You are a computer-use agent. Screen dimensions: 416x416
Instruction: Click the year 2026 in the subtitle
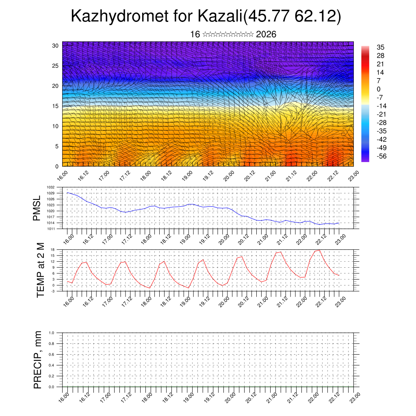(x=266, y=34)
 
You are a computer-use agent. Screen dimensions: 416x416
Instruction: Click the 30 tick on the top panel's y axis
(x=55, y=45)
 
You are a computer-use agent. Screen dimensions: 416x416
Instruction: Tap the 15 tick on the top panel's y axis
(x=55, y=106)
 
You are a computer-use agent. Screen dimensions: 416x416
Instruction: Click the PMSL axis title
(x=37, y=208)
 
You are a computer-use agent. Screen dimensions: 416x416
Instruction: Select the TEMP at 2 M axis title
(x=40, y=270)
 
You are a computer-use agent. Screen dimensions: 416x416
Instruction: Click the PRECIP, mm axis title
(x=38, y=360)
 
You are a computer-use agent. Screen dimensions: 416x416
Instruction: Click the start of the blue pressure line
(x=67, y=193)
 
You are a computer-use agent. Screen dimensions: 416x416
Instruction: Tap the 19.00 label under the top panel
(x=186, y=177)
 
